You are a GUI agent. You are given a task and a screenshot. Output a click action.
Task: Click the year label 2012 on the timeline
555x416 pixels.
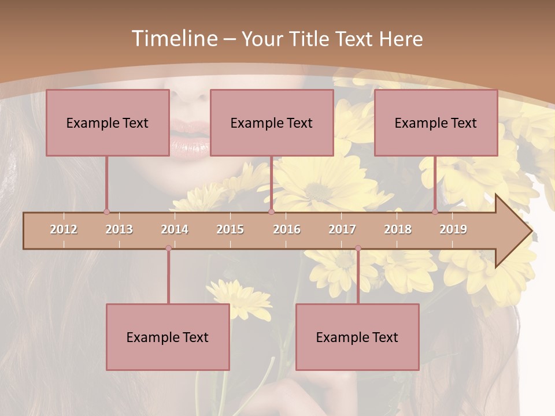(x=64, y=229)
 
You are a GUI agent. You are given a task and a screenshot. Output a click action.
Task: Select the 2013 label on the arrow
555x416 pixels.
(x=119, y=229)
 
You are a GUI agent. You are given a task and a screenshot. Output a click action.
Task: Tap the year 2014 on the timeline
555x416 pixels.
(x=175, y=229)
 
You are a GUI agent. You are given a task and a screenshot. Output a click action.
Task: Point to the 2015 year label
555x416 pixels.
(x=230, y=229)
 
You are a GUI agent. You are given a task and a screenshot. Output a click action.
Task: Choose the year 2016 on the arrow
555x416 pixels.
(x=287, y=229)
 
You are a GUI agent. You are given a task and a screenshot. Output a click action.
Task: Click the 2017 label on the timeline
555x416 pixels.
(x=342, y=229)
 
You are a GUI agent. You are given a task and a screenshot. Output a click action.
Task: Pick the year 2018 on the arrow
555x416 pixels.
(x=398, y=229)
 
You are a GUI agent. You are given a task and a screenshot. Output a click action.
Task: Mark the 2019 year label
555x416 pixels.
(x=453, y=229)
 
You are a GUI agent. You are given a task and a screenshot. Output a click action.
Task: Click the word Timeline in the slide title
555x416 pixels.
(x=173, y=39)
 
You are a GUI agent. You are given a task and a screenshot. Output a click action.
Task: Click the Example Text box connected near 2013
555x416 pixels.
(x=108, y=122)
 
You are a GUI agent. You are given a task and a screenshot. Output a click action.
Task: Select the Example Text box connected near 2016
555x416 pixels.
(x=272, y=122)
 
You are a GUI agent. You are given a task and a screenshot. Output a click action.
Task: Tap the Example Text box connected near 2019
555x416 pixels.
(x=436, y=122)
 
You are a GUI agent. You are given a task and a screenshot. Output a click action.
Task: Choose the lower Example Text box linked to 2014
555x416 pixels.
(x=168, y=337)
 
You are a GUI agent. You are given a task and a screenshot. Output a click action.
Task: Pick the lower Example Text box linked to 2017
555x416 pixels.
(x=357, y=337)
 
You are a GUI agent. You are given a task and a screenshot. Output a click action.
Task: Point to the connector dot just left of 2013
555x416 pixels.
(x=106, y=211)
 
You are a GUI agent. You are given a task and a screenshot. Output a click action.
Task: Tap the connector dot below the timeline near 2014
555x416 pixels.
(x=168, y=248)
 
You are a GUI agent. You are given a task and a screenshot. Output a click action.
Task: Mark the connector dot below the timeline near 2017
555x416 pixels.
(x=358, y=248)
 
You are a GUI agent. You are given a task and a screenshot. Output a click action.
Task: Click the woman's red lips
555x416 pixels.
(x=190, y=139)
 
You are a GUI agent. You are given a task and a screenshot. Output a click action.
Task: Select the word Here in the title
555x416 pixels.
(x=401, y=39)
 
